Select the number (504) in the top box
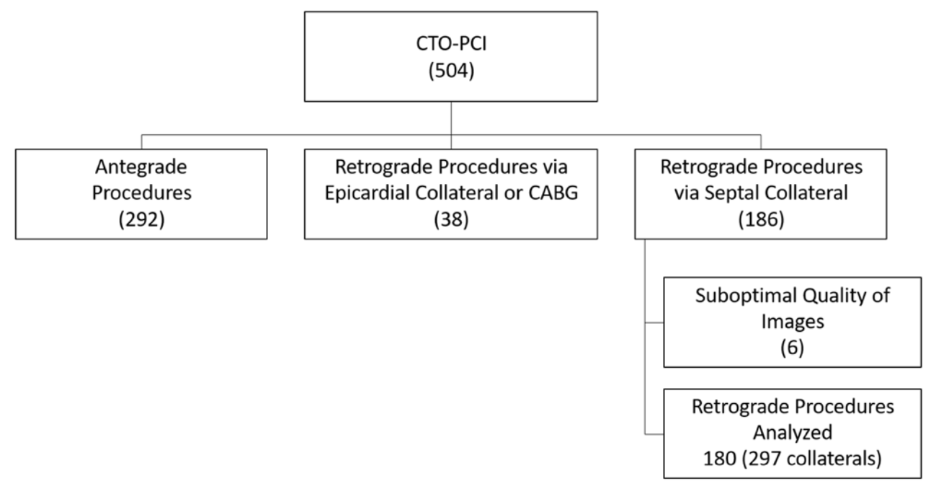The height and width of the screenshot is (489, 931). tap(450, 73)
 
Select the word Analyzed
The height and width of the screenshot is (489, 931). tap(793, 433)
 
